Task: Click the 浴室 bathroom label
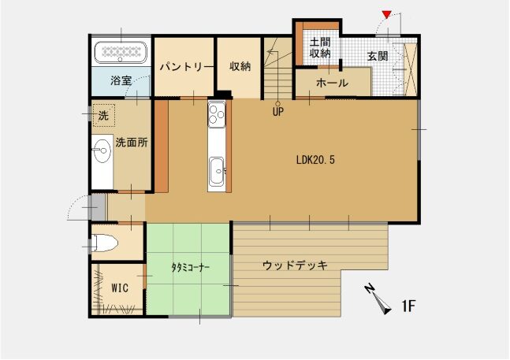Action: tap(121, 80)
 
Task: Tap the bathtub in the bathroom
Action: tap(121, 53)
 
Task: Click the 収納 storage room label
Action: tap(240, 67)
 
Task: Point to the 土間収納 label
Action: tap(319, 47)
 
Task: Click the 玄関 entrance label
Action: tap(378, 56)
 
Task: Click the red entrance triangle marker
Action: tap(386, 14)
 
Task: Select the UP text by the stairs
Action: tap(277, 112)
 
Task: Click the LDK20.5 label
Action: tap(316, 159)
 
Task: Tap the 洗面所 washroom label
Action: tap(132, 143)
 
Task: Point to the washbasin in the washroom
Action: tap(101, 152)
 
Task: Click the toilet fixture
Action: tap(106, 243)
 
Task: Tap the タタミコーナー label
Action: tap(190, 268)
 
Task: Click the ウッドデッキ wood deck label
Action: tap(294, 265)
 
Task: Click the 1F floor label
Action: tap(408, 306)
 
